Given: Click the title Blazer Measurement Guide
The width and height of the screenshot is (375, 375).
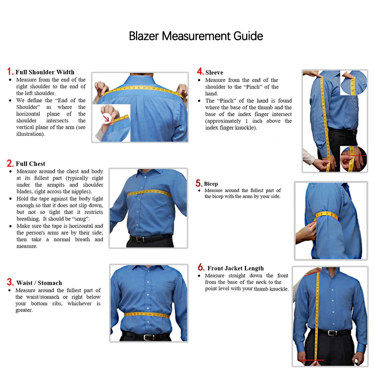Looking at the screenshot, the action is click(196, 36).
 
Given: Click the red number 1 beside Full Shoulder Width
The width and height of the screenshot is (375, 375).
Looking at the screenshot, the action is click(10, 71).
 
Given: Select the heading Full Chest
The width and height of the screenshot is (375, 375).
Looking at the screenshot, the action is click(30, 164).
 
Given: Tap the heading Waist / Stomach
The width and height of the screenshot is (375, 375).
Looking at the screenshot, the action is click(39, 283).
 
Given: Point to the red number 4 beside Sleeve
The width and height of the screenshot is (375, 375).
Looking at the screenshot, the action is click(200, 72).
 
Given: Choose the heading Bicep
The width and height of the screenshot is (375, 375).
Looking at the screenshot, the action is click(211, 184).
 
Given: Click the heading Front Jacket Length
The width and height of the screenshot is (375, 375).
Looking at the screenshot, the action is click(235, 268).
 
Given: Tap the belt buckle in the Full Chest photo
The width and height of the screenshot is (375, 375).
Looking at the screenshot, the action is click(139, 239).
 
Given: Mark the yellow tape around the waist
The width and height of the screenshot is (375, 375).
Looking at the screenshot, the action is click(147, 314).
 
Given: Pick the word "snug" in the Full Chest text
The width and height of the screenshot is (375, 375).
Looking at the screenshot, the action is click(80, 219).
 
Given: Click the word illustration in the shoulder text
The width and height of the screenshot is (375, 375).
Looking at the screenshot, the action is click(30, 134).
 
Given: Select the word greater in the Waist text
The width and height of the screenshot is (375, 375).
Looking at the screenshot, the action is click(24, 310).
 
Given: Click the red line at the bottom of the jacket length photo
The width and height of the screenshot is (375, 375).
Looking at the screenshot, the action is click(311, 360).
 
